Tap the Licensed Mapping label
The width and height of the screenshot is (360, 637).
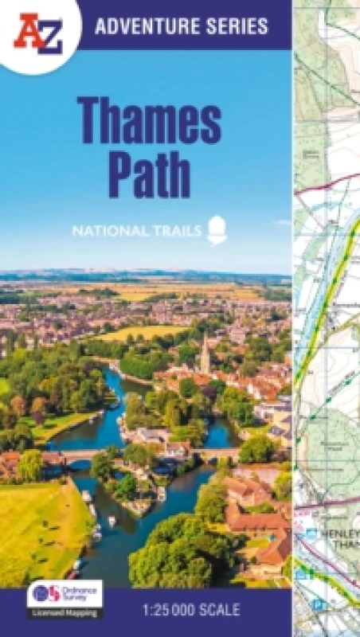(x=65, y=614)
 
